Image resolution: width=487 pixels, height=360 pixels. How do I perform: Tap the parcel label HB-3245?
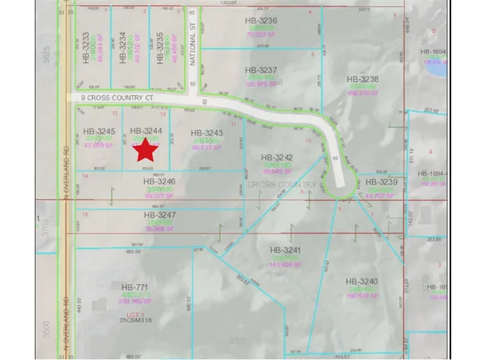pyautogui.click(x=98, y=131)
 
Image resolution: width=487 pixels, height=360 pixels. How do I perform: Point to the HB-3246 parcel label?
pyautogui.click(x=159, y=182)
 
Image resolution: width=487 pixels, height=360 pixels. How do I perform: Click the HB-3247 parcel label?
pyautogui.click(x=159, y=215)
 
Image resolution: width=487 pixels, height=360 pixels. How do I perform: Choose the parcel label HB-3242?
pyautogui.click(x=277, y=158)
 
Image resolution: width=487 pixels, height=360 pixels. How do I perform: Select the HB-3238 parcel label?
pyautogui.click(x=362, y=78)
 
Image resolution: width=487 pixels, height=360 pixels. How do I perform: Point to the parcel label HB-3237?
pyautogui.click(x=261, y=70)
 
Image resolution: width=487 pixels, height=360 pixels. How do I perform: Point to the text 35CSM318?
pyautogui.click(x=137, y=320)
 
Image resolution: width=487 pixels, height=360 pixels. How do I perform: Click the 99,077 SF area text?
pyautogui.click(x=160, y=196)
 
